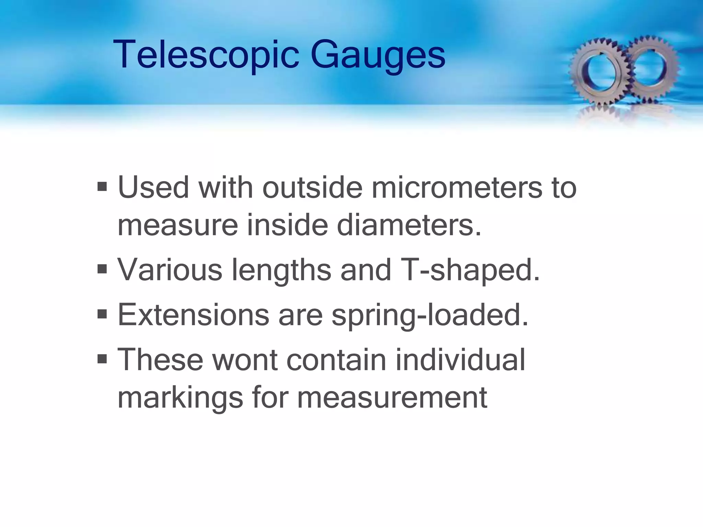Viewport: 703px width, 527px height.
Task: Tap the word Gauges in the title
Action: click(x=378, y=55)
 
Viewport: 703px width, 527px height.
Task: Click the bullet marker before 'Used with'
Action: click(x=102, y=187)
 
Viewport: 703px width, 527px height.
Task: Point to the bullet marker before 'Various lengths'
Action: click(x=102, y=269)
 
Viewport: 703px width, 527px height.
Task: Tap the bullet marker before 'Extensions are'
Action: click(x=102, y=314)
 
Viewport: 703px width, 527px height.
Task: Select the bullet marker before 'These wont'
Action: click(x=102, y=359)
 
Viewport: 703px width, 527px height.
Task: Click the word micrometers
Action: click(x=457, y=188)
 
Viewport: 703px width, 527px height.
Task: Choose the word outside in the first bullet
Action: click(x=312, y=188)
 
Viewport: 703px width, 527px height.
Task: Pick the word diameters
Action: click(x=409, y=225)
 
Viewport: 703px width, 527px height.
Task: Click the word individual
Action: click(x=460, y=360)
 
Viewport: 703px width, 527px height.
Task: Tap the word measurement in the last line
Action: click(x=392, y=398)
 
